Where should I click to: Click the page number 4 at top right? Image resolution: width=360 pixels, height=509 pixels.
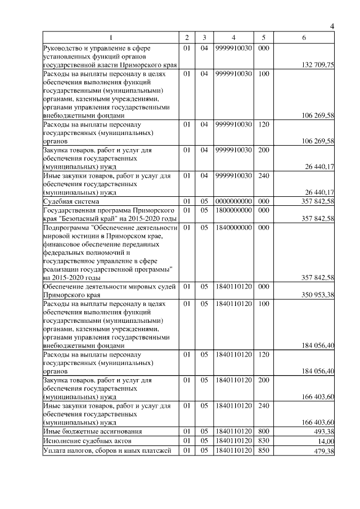pos(332,26)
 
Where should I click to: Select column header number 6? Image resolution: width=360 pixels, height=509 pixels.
pos(304,38)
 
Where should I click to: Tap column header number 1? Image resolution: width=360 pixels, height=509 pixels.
pos(111,38)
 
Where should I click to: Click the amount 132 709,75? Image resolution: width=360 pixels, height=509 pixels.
pos(318,66)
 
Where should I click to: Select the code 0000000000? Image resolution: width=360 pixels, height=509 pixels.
pos(233,201)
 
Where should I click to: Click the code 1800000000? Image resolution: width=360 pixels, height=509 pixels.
pos(233,210)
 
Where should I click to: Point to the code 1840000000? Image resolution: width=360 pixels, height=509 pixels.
pos(233,228)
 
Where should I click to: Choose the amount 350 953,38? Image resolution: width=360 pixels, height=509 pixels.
pos(318,295)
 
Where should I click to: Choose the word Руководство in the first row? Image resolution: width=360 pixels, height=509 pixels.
pos(64,48)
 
